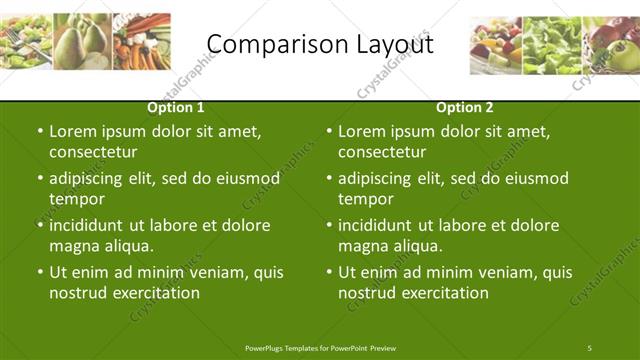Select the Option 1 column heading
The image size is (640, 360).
pyautogui.click(x=176, y=107)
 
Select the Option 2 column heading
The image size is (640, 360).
pyautogui.click(x=465, y=107)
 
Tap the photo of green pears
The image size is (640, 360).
pyautogui.click(x=83, y=42)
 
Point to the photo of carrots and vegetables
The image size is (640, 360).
pyautogui.click(x=142, y=42)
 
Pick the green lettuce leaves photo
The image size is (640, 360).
pyautogui.click(x=553, y=46)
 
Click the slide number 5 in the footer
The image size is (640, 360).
pyautogui.click(x=590, y=347)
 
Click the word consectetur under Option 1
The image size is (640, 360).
pyautogui.click(x=93, y=152)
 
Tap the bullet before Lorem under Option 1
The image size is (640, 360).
pyautogui.click(x=40, y=131)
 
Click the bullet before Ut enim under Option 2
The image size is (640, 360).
pyautogui.click(x=329, y=272)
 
